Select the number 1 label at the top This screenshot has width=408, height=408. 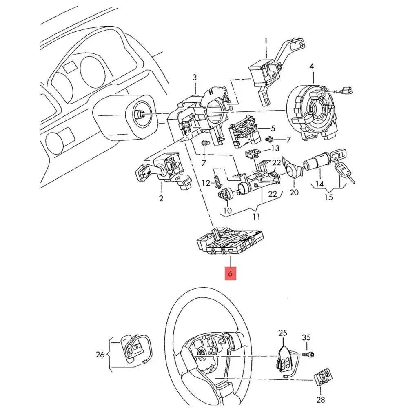266,41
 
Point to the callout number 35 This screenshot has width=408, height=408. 306,337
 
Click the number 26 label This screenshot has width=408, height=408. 100,355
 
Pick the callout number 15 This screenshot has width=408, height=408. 328,197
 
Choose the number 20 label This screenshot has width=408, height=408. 294,192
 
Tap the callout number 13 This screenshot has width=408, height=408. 275,148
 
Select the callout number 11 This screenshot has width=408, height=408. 256,216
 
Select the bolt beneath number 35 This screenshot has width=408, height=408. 310,355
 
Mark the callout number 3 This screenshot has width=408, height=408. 195,77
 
